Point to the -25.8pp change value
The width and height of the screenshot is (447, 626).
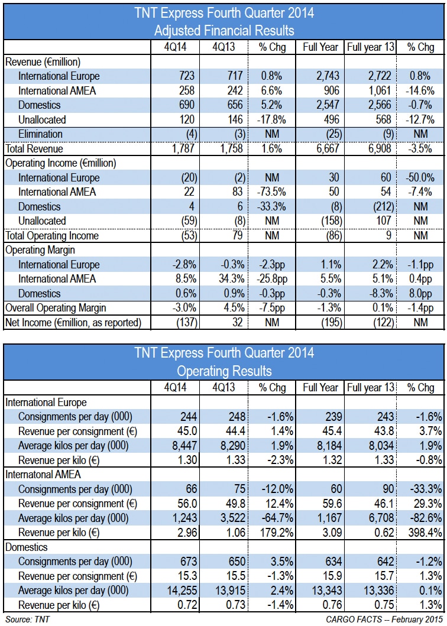coord(271,279)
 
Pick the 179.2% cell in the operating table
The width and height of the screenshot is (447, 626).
coord(271,547)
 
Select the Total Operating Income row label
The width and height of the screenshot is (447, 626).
coord(52,235)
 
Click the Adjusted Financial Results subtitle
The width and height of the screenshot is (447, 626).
coord(223,30)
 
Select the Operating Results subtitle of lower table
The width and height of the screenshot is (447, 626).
coord(223,371)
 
